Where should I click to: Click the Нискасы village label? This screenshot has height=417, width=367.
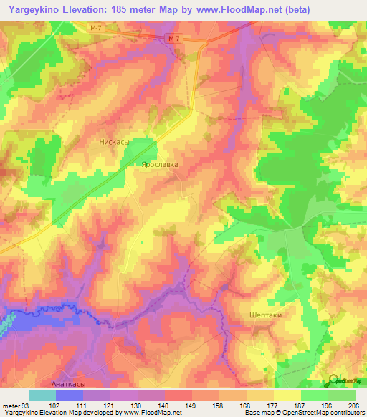tap(113, 142)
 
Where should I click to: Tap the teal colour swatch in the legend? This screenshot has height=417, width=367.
tap(42, 395)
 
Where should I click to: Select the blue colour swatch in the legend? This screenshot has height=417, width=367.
tap(70, 395)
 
